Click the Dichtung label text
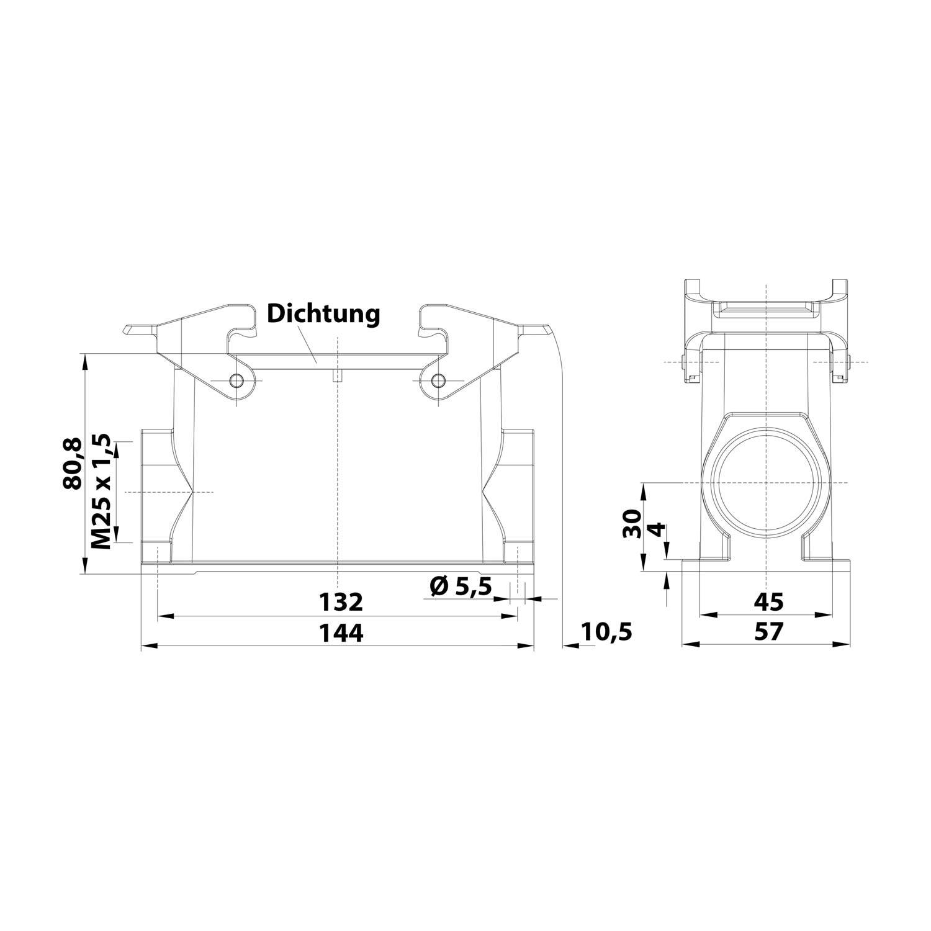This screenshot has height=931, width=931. tap(323, 313)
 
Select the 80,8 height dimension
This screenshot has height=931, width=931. tap(73, 463)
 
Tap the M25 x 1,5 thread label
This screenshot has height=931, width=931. tap(101, 492)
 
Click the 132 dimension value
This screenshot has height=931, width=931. tap(340, 601)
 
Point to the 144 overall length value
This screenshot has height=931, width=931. tap(340, 632)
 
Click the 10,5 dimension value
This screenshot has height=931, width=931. tap(606, 632)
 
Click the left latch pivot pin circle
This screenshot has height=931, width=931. tap(236, 380)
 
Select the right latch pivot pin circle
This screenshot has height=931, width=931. tap(438, 380)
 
